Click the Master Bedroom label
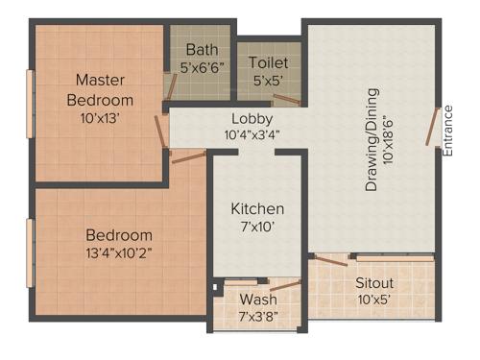[x=100, y=88]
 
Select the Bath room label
[x=202, y=48]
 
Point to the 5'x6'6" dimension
[x=203, y=67]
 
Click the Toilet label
[x=268, y=61]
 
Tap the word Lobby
[x=252, y=120]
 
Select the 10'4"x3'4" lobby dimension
[x=252, y=136]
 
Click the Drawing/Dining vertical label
[x=372, y=138]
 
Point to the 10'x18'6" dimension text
[x=389, y=138]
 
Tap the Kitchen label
[x=257, y=208]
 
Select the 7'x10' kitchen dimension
[x=257, y=228]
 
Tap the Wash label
[x=258, y=298]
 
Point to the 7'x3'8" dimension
[x=258, y=314]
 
